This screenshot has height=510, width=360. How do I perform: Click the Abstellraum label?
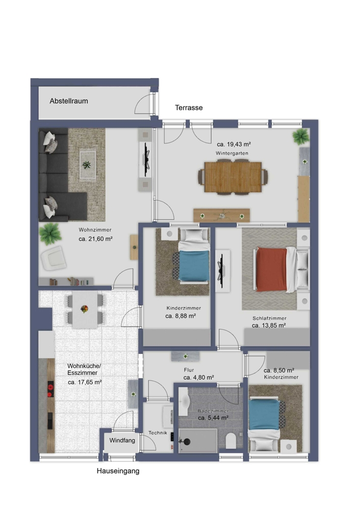tap(69, 101)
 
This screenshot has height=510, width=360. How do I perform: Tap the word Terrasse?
tap(189, 108)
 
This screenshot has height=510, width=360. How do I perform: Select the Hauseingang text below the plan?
tap(118, 471)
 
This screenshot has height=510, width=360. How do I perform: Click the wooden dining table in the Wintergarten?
tap(233, 177)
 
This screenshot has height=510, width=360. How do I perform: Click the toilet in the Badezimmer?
tap(230, 440)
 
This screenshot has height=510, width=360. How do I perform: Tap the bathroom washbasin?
tap(184, 402)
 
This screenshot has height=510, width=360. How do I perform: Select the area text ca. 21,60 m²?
tap(96, 239)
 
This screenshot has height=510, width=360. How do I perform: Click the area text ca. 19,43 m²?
tap(234, 144)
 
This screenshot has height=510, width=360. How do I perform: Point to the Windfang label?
tap(122, 441)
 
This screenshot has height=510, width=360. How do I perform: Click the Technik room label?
tap(158, 432)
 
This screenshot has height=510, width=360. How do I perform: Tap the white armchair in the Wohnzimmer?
tap(54, 258)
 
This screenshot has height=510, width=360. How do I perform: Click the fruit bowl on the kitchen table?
tap(84, 309)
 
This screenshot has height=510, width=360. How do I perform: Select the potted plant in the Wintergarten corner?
tap(301, 136)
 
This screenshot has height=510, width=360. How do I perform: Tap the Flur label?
tap(189, 370)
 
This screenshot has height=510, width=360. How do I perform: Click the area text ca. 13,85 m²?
tap(269, 325)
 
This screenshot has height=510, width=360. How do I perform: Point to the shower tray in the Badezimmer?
tap(198, 441)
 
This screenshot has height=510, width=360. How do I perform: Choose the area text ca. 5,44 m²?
tap(213, 418)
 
